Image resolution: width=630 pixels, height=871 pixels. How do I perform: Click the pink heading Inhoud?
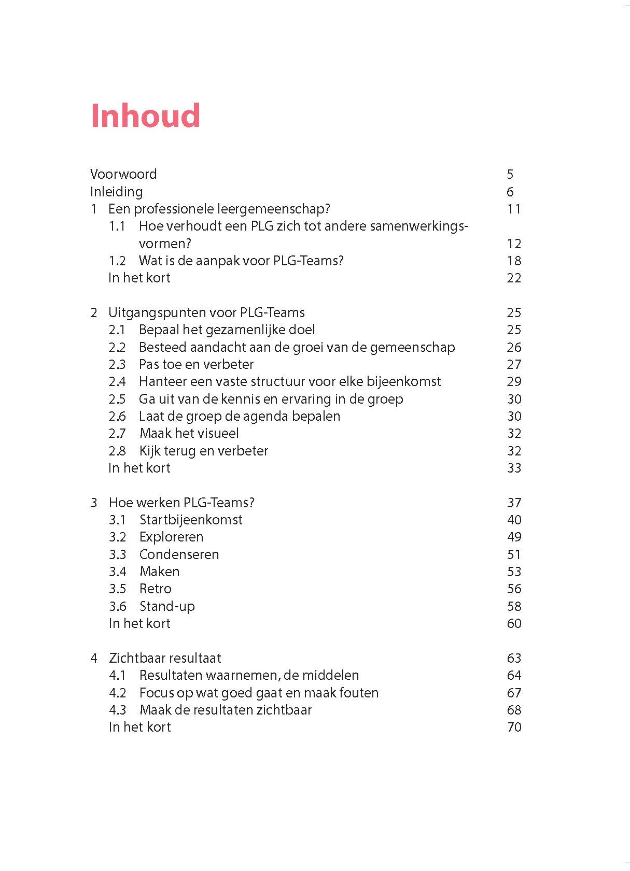tap(145, 115)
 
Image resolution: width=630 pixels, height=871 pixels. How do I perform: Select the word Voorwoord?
tap(123, 174)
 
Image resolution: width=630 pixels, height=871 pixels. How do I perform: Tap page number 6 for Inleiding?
tap(510, 192)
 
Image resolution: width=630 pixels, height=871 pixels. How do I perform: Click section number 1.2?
tap(117, 261)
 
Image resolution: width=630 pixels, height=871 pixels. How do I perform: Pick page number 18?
tap(514, 261)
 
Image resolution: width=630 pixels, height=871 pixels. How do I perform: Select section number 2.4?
tap(117, 382)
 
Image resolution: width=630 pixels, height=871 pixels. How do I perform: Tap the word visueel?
tap(214, 433)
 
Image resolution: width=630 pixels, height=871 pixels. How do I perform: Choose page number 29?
tap(514, 382)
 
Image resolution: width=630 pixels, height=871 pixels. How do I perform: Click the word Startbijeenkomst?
tap(191, 520)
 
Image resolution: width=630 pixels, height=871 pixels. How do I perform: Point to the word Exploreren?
tap(171, 537)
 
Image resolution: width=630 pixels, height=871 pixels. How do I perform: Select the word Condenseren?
tap(179, 554)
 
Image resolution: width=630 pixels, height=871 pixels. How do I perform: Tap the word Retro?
tap(155, 589)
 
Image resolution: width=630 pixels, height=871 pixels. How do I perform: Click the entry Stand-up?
tap(167, 606)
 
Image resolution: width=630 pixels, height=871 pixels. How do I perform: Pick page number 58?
tap(514, 606)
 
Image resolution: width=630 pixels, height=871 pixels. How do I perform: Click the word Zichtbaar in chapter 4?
tap(135, 658)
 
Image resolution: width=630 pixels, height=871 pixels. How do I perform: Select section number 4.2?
tap(118, 693)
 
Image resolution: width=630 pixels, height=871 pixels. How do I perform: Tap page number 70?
tap(514, 727)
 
